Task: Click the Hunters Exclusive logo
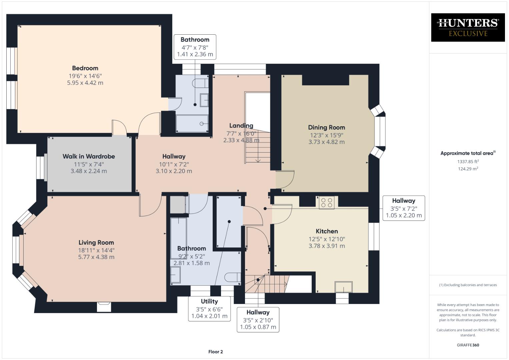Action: click(x=468, y=27)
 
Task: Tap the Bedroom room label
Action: click(x=85, y=68)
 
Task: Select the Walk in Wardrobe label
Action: click(x=89, y=156)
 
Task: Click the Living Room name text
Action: click(x=96, y=243)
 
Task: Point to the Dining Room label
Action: click(x=326, y=127)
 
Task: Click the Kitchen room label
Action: click(x=327, y=231)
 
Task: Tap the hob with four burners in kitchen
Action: click(x=326, y=203)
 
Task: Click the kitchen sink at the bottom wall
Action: click(x=344, y=287)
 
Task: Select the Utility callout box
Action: click(x=209, y=309)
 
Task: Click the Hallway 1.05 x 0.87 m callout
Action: click(x=258, y=320)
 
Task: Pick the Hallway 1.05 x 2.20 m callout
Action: click(x=404, y=208)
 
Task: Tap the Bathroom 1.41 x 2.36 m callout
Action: click(x=195, y=47)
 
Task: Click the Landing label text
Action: click(x=241, y=126)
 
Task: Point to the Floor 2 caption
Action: click(x=215, y=352)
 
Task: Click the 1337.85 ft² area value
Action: click(x=468, y=162)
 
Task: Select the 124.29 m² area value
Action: click(x=468, y=169)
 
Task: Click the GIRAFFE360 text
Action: click(x=468, y=345)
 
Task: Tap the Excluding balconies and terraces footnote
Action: click(x=468, y=285)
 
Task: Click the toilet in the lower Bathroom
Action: click(x=232, y=277)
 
